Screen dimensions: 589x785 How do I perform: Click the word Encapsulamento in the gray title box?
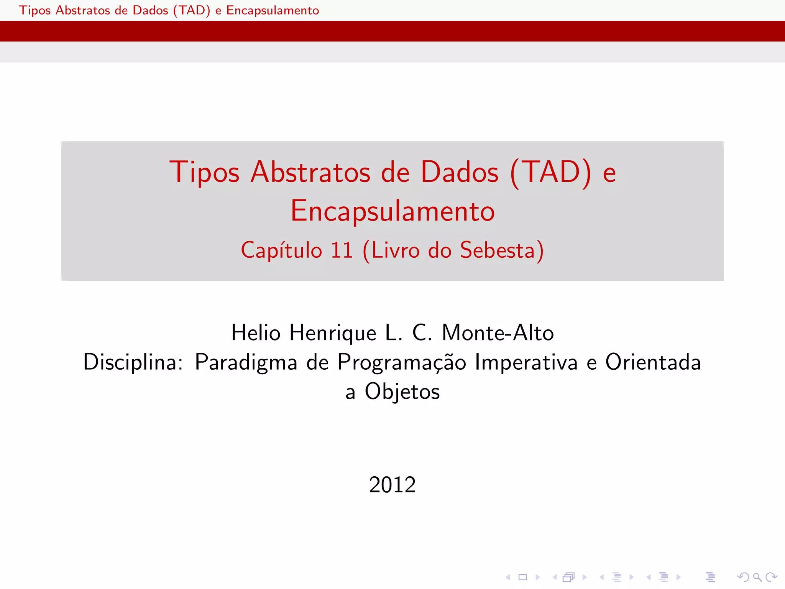pos(392,211)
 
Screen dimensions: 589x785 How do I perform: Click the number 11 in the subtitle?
pos(342,250)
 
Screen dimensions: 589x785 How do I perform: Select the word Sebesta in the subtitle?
pos(497,250)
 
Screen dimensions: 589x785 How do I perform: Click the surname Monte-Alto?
pos(498,332)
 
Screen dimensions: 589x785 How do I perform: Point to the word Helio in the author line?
pos(256,332)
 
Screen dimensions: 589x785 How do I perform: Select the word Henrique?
pos(333,333)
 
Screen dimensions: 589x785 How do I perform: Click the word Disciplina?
pos(133,362)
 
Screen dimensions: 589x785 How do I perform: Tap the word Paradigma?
pos(246,363)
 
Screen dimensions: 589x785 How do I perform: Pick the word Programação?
pos(402,363)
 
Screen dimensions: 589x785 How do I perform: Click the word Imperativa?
pos(526,362)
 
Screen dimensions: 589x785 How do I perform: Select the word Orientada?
pos(653,362)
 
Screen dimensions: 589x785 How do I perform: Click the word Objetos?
pos(402,392)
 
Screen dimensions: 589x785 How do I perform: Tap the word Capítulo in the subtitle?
pos(281,250)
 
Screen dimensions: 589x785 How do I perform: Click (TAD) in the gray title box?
pos(550,172)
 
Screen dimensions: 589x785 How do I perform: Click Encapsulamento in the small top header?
pos(273,10)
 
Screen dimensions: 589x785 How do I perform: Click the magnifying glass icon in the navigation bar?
pos(757,577)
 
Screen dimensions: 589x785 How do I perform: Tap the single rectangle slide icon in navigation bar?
pos(522,577)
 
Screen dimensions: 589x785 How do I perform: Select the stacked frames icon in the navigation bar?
pos(569,577)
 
